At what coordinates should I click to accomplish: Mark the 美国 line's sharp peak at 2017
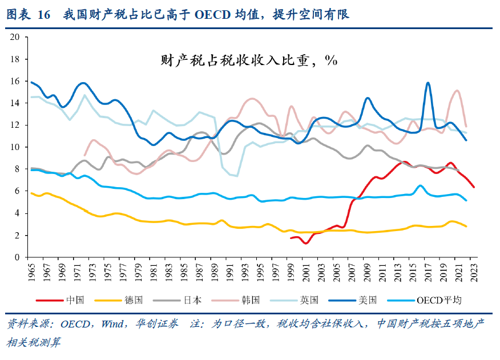click(x=428, y=83)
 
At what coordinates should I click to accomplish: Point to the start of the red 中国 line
click(x=291, y=238)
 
